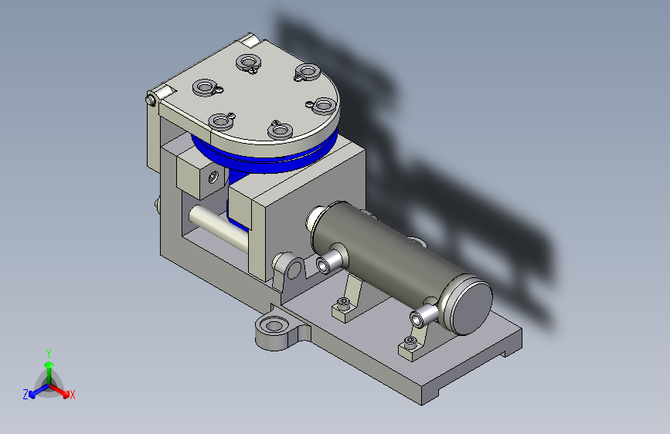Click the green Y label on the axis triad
[x=49, y=354]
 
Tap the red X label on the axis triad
[x=72, y=395]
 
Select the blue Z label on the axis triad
[x=26, y=395]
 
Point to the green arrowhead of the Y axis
[x=49, y=364]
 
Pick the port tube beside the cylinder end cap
[x=421, y=315]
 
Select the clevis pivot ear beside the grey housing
[x=291, y=268]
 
